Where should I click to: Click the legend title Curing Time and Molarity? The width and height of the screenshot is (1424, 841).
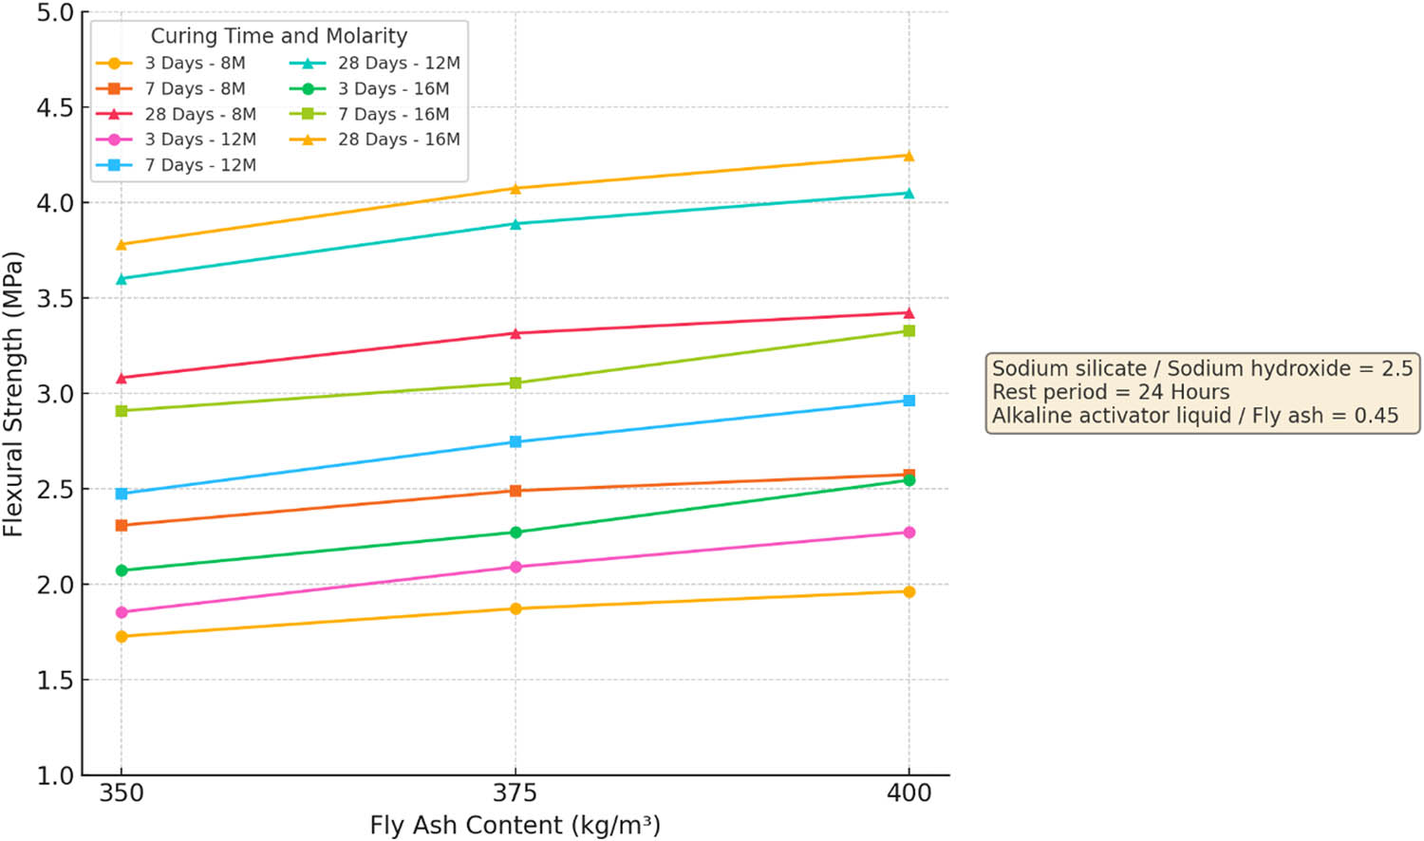[278, 36]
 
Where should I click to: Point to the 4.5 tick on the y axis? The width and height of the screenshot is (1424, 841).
[55, 108]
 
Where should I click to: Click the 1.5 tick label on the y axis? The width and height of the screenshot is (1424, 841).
[55, 681]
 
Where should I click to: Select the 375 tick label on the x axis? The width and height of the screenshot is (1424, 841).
[515, 794]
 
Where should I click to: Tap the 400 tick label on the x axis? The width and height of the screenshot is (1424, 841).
[909, 794]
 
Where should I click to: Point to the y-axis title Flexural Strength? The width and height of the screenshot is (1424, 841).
[13, 394]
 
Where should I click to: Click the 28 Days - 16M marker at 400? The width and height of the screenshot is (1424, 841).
[909, 156]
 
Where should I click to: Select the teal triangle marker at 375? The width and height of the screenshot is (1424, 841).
[515, 225]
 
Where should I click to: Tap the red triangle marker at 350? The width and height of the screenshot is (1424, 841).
[122, 378]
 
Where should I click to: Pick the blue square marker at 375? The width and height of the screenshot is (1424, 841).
[515, 442]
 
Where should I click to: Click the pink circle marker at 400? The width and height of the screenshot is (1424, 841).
[909, 533]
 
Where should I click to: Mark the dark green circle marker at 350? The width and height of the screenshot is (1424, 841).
[122, 570]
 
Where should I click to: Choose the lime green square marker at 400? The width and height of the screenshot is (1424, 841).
[909, 331]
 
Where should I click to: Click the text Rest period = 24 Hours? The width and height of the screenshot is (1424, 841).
[1111, 392]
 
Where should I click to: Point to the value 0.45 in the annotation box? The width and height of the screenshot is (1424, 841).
[1376, 416]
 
